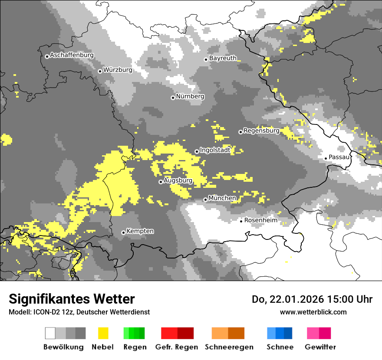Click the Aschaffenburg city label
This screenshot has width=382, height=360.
click(x=72, y=56)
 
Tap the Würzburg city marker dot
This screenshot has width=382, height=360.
click(x=100, y=71)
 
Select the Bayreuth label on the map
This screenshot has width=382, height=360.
click(x=223, y=58)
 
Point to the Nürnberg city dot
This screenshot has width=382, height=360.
click(x=173, y=98)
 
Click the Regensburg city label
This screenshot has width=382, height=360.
click(x=261, y=131)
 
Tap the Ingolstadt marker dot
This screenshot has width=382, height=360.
click(x=197, y=151)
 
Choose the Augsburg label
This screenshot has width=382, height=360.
click(x=178, y=181)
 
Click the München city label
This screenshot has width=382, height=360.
click(x=222, y=198)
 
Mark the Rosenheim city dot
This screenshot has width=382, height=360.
click(x=241, y=221)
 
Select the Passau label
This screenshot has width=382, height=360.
click(x=339, y=157)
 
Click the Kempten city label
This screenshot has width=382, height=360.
click(x=140, y=231)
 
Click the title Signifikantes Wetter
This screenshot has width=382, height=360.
click(x=72, y=299)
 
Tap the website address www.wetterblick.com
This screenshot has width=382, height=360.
click(x=313, y=312)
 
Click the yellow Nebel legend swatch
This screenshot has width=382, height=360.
click(x=103, y=333)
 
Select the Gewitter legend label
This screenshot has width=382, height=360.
click(x=320, y=347)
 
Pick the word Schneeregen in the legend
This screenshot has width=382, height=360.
click(x=229, y=347)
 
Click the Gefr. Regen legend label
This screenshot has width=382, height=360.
click(x=177, y=347)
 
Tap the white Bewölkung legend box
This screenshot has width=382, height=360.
click(x=50, y=333)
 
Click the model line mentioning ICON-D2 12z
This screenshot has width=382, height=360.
click(x=79, y=312)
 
